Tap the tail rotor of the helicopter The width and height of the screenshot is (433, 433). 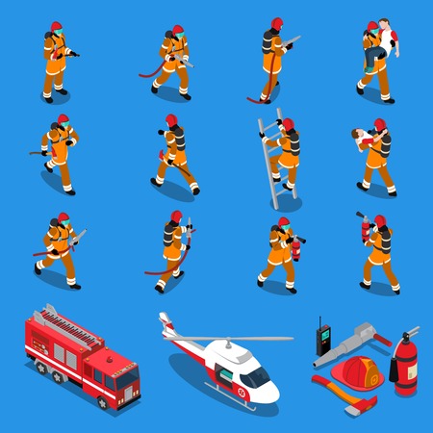(x=166, y=321)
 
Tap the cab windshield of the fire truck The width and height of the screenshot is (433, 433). (x=126, y=369)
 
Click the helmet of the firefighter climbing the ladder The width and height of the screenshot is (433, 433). (x=286, y=124)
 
